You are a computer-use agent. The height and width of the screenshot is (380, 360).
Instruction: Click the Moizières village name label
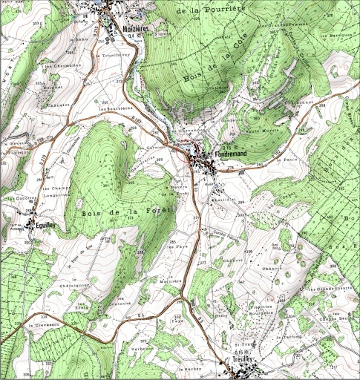tap(135, 28)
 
